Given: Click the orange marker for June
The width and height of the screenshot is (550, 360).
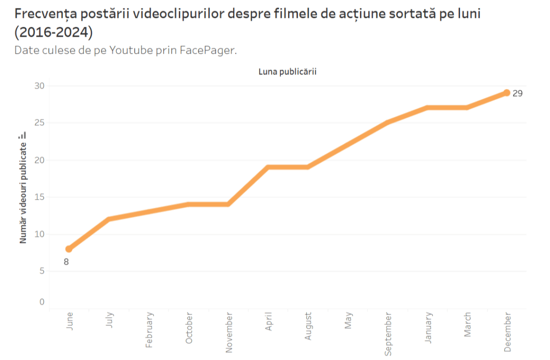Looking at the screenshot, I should (x=69, y=249).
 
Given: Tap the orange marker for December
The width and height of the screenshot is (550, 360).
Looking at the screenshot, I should (x=507, y=92).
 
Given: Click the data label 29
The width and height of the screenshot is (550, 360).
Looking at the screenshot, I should (x=517, y=93).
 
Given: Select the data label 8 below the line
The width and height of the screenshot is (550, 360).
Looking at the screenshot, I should (x=66, y=261).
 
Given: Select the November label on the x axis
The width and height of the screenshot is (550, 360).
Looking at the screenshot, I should (x=229, y=332).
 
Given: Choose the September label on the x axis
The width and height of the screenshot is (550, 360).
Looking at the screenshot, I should (x=388, y=333).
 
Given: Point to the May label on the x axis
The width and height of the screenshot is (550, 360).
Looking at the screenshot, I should (x=348, y=321).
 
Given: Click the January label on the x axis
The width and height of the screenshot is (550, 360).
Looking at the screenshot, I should (x=428, y=327).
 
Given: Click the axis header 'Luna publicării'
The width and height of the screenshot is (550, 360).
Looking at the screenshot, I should (x=287, y=72).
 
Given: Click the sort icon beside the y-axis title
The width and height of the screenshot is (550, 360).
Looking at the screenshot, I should (x=23, y=135).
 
